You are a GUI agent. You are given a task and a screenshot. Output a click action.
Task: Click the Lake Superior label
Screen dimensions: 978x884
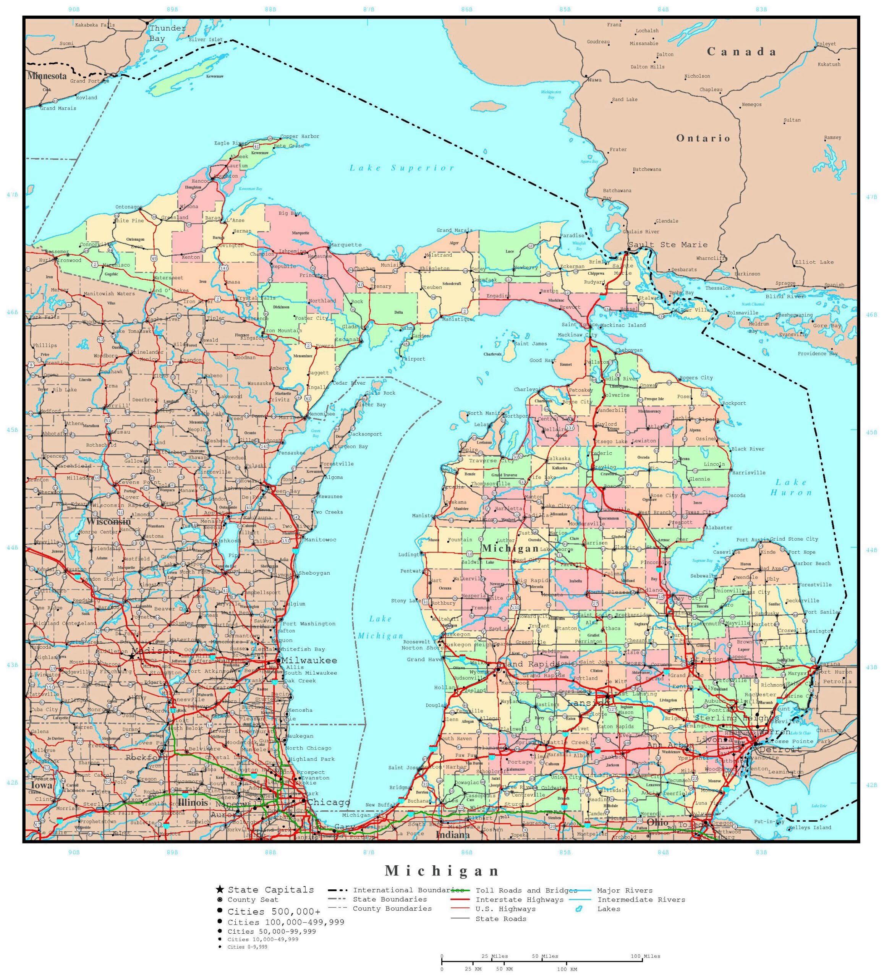click(402, 168)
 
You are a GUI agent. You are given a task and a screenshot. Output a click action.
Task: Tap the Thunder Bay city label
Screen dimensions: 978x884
click(167, 33)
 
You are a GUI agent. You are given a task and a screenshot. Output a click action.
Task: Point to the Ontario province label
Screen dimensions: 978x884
click(703, 138)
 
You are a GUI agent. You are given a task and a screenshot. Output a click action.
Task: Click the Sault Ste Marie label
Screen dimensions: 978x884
click(668, 245)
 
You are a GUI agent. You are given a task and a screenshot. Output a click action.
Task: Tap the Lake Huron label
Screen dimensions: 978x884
click(791, 487)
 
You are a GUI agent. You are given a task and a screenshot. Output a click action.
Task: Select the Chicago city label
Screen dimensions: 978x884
click(328, 802)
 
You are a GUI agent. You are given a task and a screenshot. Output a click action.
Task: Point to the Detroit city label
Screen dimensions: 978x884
click(780, 750)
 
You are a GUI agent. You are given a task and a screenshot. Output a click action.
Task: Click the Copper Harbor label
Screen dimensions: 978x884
click(300, 136)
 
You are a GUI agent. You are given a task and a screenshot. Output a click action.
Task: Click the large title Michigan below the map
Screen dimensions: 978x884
click(442, 871)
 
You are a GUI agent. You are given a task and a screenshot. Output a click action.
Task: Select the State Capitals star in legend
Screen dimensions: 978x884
click(220, 890)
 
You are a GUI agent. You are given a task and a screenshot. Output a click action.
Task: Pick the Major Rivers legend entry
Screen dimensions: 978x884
click(625, 891)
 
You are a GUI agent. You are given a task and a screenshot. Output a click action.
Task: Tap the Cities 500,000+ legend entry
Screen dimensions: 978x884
click(274, 912)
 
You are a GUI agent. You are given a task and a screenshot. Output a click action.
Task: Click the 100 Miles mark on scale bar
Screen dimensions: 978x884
click(645, 956)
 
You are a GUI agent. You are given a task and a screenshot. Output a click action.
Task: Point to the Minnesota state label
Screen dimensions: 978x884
click(47, 76)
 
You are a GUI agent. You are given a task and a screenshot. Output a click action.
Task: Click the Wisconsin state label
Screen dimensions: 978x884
click(108, 521)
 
